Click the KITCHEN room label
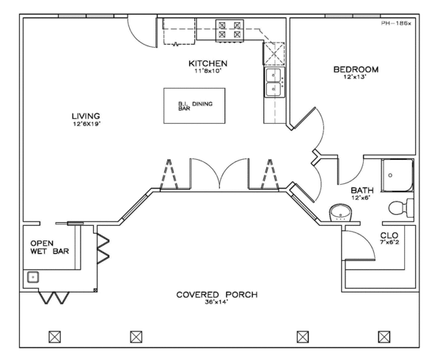[x=207, y=64]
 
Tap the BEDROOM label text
[x=356, y=70]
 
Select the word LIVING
[x=86, y=116]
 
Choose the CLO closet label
[x=389, y=235]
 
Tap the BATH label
[x=362, y=190]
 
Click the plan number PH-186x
[x=397, y=23]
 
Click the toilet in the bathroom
[x=402, y=206]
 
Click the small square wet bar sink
[x=32, y=277]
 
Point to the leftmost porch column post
[x=53, y=337]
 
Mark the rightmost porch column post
[x=383, y=337]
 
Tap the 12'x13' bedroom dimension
[x=356, y=78]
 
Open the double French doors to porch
[x=218, y=175]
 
